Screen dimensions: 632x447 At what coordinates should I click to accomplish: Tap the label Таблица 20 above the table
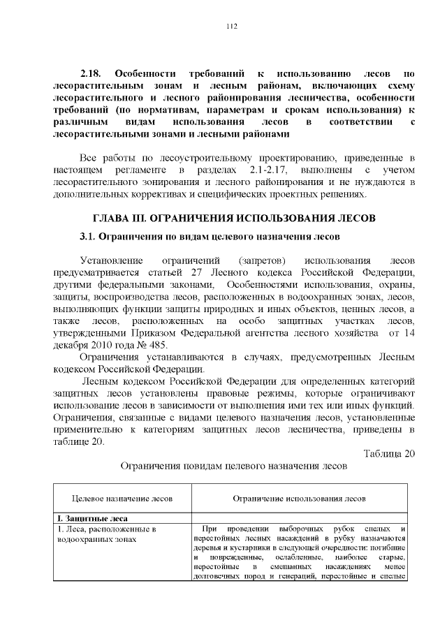tap(389, 454)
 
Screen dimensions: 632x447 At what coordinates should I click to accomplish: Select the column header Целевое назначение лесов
tap(123, 499)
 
